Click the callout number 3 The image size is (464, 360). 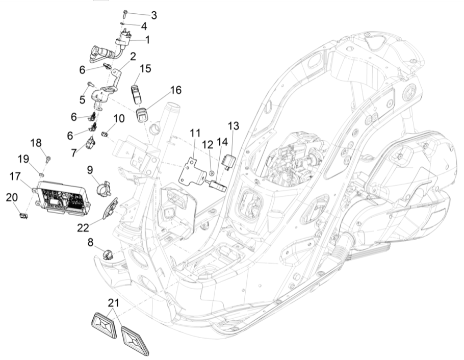pos(153,15)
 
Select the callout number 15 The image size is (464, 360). pos(145,68)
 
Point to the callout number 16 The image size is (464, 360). pos(161,90)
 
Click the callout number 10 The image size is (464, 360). pos(118,119)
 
